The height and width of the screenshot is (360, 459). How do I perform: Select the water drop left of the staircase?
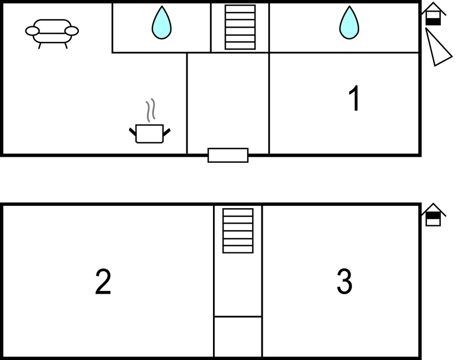[162, 23]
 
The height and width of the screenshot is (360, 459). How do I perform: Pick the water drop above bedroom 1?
[349, 23]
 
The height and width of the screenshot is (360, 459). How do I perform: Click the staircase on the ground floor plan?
[240, 27]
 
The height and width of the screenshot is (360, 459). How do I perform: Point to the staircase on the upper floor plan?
[238, 231]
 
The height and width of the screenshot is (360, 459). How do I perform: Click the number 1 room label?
[355, 98]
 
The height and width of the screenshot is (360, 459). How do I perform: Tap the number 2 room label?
[103, 282]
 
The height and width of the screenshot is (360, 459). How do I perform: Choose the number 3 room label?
[344, 281]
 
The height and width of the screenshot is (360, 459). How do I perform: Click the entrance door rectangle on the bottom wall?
[228, 155]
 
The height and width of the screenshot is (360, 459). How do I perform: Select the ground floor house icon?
[434, 14]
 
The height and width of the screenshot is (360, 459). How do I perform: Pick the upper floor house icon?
[434, 215]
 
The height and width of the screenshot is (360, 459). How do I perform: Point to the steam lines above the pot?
[151, 110]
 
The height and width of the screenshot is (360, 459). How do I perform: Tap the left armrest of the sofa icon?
[32, 31]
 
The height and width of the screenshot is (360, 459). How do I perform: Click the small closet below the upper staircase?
[238, 337]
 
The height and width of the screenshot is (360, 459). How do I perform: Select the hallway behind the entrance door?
[228, 103]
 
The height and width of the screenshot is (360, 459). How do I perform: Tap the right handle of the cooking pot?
[167, 132]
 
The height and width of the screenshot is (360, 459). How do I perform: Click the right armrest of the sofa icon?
[72, 31]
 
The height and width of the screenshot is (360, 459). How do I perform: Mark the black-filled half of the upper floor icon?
[433, 216]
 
